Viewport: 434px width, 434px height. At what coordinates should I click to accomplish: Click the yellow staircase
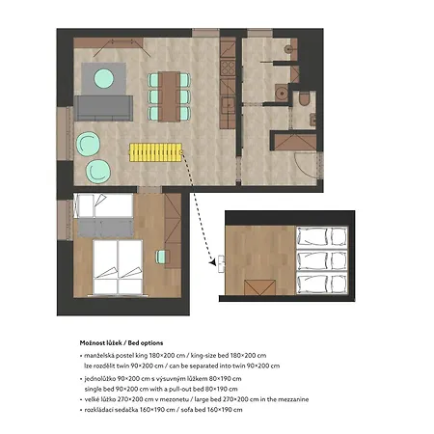[x=155, y=152]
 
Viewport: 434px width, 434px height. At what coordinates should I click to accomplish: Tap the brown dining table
[x=169, y=96]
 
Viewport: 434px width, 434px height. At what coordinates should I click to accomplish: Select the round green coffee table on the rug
[x=103, y=78]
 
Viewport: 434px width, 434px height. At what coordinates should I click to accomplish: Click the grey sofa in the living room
[x=103, y=108]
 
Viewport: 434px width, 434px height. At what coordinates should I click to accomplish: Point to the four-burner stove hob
[x=228, y=68]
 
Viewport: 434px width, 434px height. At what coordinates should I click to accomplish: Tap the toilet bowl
[x=304, y=99]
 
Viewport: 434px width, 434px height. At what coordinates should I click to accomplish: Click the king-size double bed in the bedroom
[x=118, y=267]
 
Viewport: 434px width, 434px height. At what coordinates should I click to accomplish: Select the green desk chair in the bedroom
[x=161, y=257]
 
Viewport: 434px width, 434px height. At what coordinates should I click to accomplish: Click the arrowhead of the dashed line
[x=212, y=262]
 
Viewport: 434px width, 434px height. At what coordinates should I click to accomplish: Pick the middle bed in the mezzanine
[x=322, y=260]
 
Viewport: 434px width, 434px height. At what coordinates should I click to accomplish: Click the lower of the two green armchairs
[x=98, y=172]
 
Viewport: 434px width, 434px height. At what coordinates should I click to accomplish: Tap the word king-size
[x=203, y=356]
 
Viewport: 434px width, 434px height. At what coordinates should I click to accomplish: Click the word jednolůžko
[x=99, y=379]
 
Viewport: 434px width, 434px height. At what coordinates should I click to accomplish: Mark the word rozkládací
[x=98, y=410]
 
